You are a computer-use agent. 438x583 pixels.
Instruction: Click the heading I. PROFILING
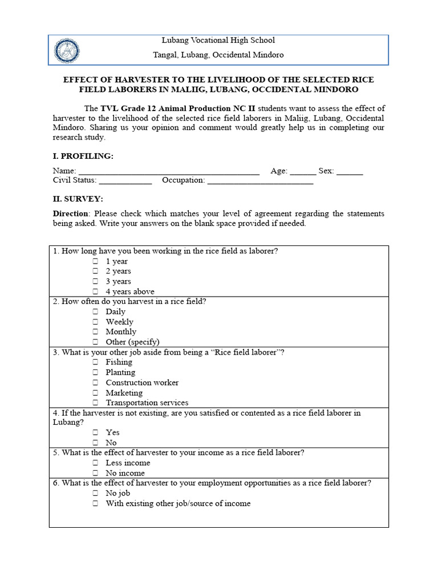tap(83, 156)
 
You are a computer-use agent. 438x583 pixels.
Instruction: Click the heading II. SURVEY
tap(78, 199)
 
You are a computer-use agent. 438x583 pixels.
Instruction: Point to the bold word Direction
tap(71, 214)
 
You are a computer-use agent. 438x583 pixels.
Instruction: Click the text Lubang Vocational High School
tap(218, 40)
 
